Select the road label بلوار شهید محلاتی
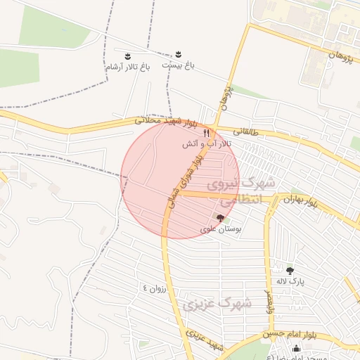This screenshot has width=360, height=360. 166,122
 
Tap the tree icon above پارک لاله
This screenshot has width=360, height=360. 290,269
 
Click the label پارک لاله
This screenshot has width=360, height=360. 289,281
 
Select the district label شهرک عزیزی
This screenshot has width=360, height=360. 217,304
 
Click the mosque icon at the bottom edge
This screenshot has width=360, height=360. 295,349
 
